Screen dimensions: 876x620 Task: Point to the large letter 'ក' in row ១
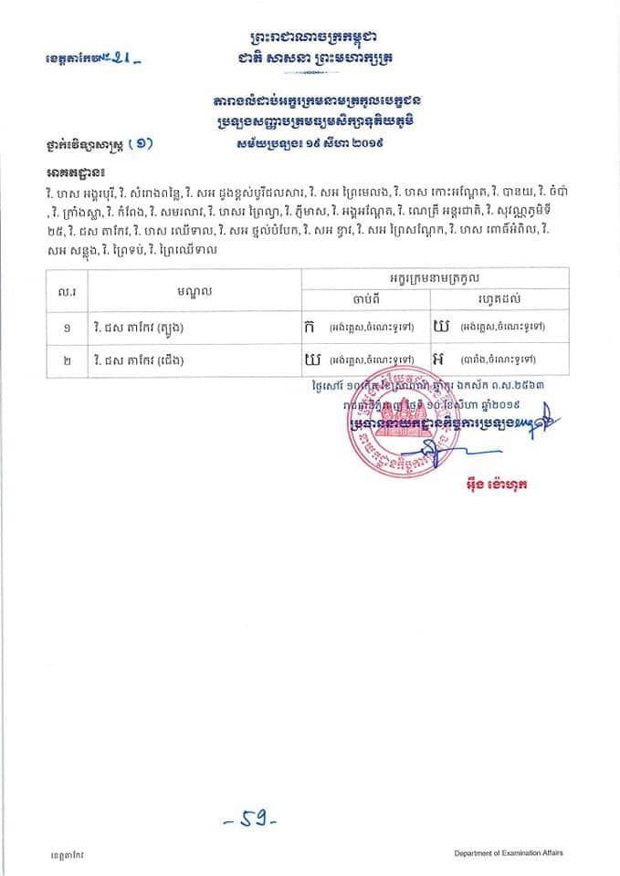click(310, 326)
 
